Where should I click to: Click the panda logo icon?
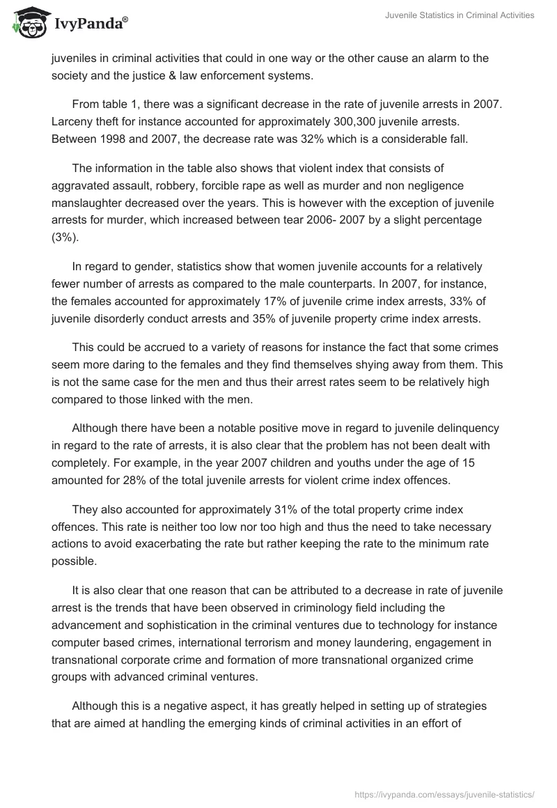pyautogui.click(x=27, y=24)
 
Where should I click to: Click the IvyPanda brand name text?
pyautogui.click(x=90, y=25)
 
